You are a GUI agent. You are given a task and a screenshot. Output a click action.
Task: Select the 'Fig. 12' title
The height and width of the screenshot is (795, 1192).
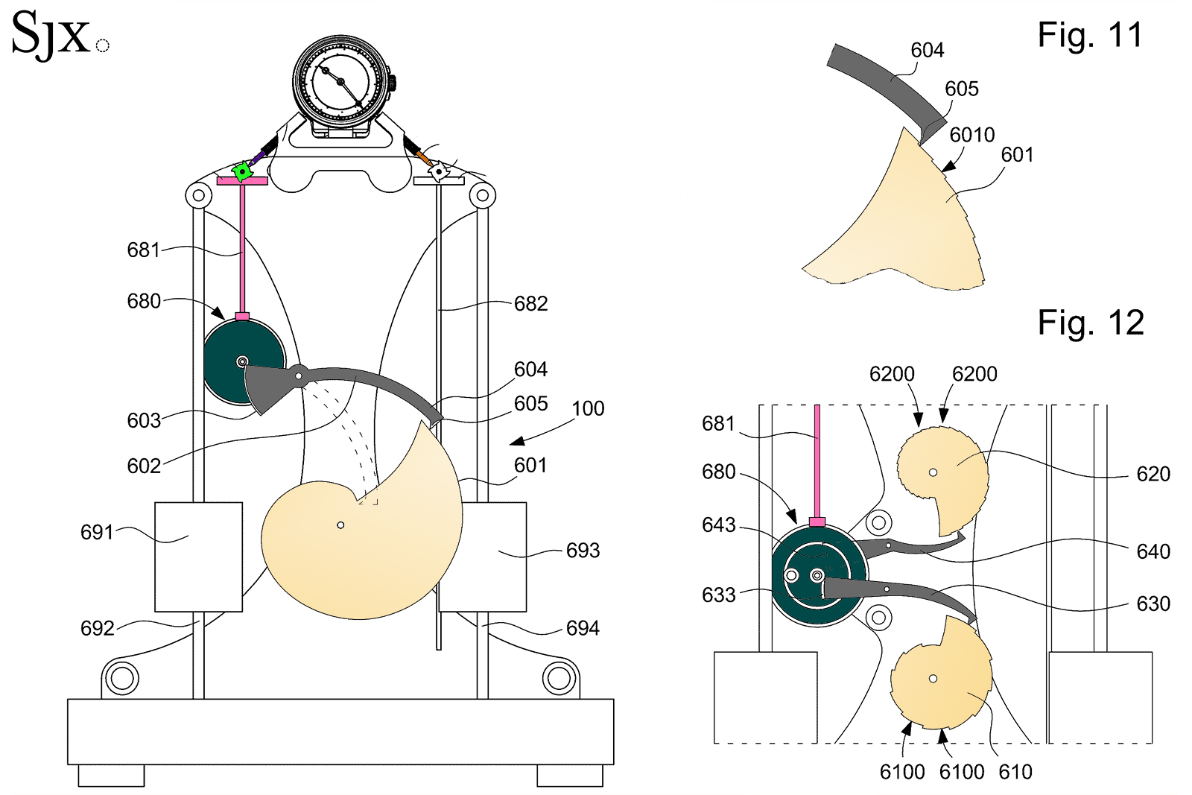(1090, 323)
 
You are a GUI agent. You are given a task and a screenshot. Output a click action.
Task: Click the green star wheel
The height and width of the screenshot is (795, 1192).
(242, 172)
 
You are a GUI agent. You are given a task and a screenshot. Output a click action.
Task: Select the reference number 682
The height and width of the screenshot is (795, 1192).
(530, 304)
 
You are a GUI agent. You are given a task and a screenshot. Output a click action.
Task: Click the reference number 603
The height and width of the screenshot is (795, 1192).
(144, 421)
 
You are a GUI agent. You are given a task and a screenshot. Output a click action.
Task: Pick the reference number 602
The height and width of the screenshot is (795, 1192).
(144, 466)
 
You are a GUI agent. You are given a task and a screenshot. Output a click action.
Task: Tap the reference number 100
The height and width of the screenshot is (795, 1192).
(588, 409)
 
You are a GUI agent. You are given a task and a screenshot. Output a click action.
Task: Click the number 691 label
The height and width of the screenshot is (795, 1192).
(97, 533)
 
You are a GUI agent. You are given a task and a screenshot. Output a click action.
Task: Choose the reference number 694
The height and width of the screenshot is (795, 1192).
(582, 629)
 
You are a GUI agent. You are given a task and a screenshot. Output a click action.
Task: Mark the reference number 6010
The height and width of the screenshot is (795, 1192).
(971, 135)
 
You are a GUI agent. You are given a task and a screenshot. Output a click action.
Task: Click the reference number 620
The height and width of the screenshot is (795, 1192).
(1153, 474)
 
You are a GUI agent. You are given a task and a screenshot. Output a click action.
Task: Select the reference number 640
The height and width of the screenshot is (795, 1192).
(1153, 551)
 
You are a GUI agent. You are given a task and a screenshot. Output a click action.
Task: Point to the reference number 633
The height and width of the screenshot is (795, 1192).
(718, 595)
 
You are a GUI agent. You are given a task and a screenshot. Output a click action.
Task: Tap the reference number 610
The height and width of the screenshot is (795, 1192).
(1015, 773)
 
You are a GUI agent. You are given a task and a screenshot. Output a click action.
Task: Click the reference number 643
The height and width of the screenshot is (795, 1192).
(718, 525)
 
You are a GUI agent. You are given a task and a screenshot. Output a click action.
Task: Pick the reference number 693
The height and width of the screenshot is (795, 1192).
(582, 551)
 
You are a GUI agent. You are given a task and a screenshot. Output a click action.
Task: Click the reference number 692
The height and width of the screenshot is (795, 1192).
(97, 629)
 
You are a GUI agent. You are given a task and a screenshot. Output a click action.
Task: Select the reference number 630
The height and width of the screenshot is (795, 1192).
(1153, 604)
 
